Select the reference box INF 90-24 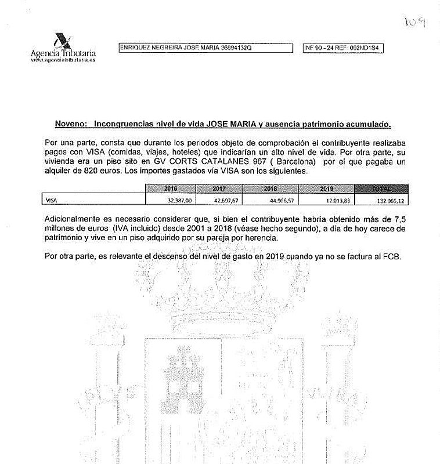343,49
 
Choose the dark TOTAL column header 381,189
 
